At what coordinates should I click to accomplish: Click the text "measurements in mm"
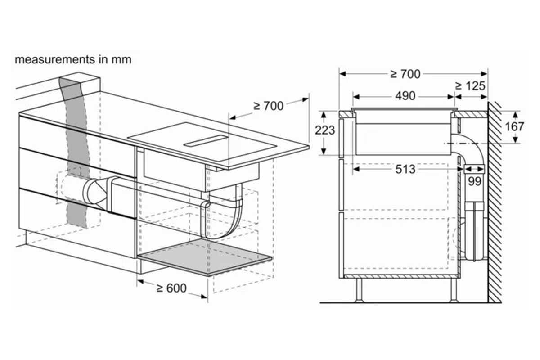tap(73, 59)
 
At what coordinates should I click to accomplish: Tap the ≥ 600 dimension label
tap(171, 288)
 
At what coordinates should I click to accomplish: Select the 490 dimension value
tap(405, 96)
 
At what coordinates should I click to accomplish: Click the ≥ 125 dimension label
tap(470, 86)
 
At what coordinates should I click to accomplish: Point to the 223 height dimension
tap(325, 130)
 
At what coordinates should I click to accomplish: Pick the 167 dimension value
tap(514, 126)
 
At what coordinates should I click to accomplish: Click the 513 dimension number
tap(405, 169)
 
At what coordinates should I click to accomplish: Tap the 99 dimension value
tap(475, 181)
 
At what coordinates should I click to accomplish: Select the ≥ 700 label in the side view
tap(405, 74)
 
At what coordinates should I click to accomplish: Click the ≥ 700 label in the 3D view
tap(268, 106)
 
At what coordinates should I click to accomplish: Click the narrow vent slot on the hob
tap(206, 141)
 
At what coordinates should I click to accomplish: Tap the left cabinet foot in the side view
tap(359, 290)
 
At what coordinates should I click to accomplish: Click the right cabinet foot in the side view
tap(454, 290)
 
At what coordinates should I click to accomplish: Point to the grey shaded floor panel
tap(205, 257)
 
